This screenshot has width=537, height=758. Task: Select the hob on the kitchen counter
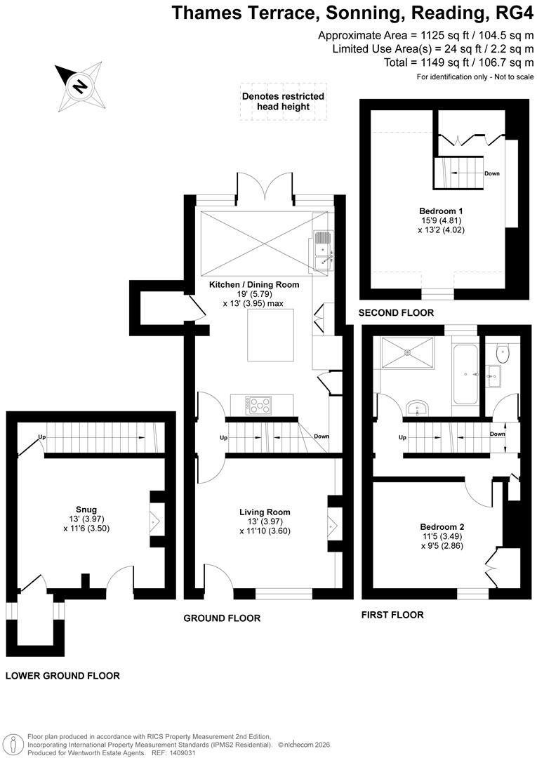point(261,404)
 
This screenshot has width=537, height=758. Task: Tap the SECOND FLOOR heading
point(396,312)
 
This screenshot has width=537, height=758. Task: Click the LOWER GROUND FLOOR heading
point(62,676)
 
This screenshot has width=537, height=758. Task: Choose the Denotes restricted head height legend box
point(283,102)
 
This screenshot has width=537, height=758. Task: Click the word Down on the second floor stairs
point(491,173)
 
